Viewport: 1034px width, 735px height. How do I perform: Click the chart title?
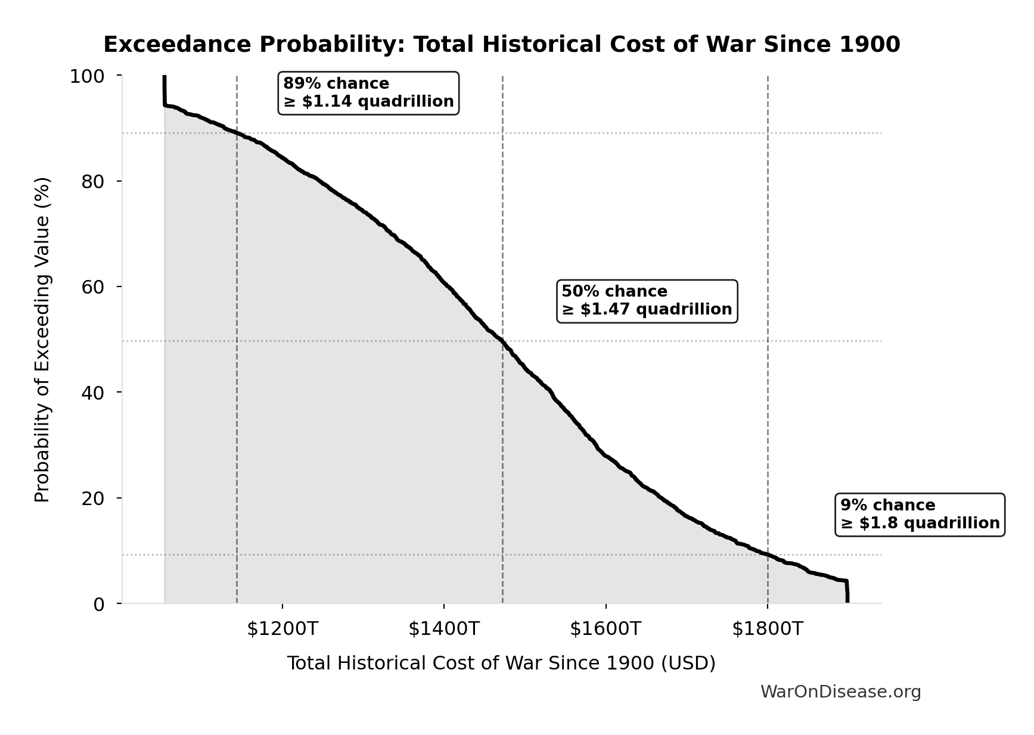point(501,45)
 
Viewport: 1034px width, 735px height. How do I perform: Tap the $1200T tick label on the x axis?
point(282,629)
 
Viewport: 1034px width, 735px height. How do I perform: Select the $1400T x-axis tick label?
point(444,629)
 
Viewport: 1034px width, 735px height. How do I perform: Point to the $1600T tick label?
point(606,629)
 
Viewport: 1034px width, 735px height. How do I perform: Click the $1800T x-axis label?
point(768,629)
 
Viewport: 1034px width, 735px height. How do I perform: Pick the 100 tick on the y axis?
point(87,76)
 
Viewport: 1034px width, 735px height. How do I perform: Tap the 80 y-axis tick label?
point(93,181)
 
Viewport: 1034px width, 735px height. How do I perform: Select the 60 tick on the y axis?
point(93,286)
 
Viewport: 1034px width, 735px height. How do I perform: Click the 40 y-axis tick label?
point(93,392)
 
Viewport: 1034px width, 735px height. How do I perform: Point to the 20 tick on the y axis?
point(93,498)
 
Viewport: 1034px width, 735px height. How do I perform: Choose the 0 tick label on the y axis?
point(99,604)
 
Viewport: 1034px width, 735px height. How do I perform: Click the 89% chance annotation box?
point(368,93)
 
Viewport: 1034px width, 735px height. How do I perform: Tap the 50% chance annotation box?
point(647,301)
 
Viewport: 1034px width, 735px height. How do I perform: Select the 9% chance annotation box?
point(920,515)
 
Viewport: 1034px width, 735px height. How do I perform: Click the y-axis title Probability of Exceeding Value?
point(42,340)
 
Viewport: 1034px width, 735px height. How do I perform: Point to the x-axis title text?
point(501,664)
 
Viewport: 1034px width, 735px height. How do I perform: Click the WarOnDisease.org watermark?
point(840,692)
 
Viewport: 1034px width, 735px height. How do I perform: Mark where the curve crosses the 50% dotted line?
point(502,341)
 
